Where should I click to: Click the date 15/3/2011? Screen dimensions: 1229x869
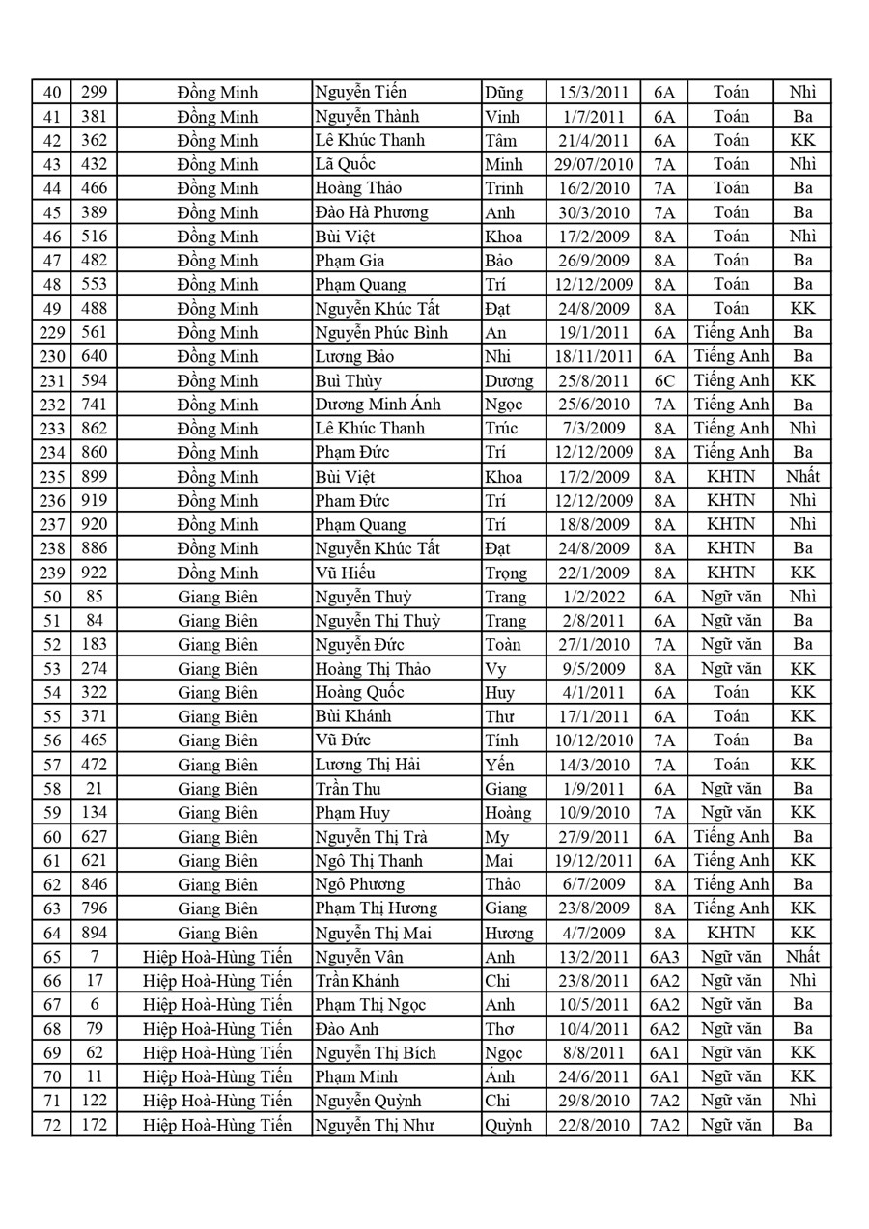pos(593,93)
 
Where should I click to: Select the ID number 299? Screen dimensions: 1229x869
pos(94,93)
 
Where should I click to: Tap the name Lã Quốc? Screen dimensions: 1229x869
pos(345,164)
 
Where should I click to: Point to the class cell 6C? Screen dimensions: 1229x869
pos(664,380)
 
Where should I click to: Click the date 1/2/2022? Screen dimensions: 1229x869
pos(593,597)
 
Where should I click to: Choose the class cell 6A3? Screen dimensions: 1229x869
pos(664,957)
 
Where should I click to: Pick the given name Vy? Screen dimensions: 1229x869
pos(495,669)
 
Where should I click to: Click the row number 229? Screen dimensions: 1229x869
pos(51,332)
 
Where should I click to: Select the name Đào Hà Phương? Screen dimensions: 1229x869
pos(371,212)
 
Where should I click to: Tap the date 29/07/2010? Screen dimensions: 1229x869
pos(593,164)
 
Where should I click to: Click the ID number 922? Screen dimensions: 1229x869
pos(94,573)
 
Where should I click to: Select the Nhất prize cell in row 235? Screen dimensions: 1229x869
pos(802,476)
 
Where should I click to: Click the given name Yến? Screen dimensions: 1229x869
pos(499,765)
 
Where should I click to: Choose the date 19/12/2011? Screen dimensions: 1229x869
pos(593,860)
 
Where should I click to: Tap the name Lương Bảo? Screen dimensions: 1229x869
pos(353,356)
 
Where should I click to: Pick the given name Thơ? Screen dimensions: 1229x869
pos(501,1028)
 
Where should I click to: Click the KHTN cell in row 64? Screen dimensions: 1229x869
pos(731,933)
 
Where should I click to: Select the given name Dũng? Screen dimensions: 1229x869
pos(503,93)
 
